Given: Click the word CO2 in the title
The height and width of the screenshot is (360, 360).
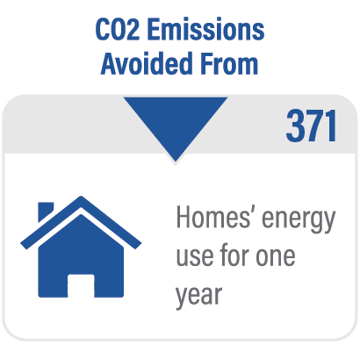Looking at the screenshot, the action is point(118,30).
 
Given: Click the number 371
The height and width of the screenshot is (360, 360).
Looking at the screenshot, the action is point(311,126).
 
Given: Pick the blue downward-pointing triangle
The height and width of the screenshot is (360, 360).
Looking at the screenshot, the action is point(176,123).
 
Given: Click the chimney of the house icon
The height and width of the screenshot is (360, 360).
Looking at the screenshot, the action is point(46,211).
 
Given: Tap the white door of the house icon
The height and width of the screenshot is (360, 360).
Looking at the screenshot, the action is point(81,285).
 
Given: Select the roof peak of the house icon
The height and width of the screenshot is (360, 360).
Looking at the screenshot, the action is point(81,198).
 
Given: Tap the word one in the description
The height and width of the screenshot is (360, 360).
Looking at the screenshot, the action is point(276,256).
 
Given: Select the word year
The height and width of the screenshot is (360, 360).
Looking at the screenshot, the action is point(199,297).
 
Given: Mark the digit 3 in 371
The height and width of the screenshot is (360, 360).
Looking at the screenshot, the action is point(296,126).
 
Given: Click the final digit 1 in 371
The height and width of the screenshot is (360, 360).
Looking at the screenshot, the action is point(331,126).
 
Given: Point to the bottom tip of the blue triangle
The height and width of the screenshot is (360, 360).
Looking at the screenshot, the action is point(176,162).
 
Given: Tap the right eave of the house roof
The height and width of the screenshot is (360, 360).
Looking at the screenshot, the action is point(138,245).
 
